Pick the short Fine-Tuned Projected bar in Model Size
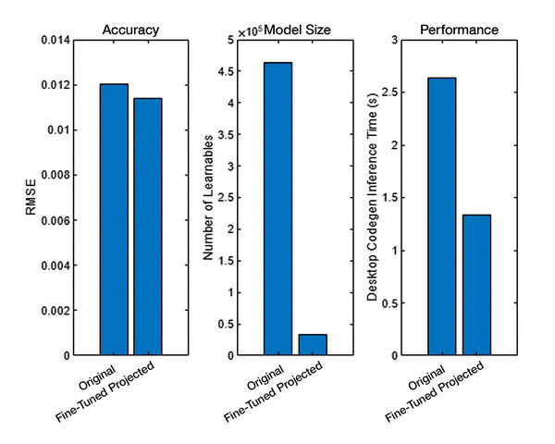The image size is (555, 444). click(313, 345)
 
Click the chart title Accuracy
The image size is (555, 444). click(130, 30)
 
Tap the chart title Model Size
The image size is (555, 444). click(298, 30)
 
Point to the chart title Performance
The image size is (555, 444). click(459, 30)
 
